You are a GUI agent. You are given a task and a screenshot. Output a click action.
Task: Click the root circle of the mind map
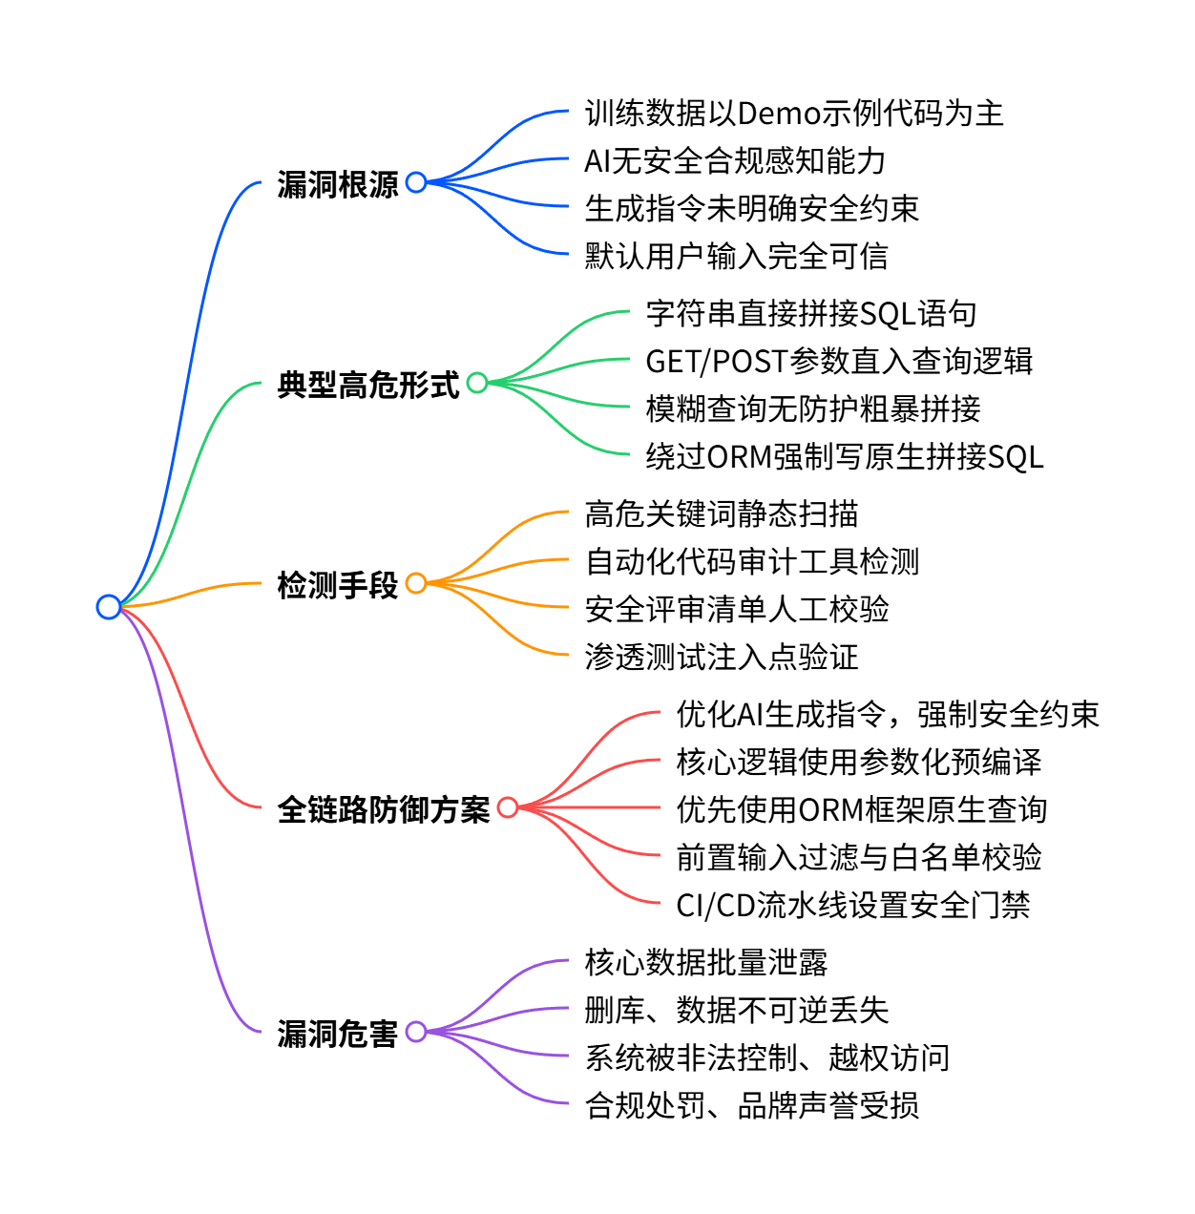pos(109,606)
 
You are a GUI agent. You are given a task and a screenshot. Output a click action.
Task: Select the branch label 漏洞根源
pos(337,183)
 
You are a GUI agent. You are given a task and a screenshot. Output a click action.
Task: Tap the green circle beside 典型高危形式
pos(477,383)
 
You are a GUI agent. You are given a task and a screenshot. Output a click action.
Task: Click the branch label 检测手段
pos(337,584)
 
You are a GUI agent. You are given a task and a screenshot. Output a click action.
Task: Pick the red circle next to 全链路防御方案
pos(508,807)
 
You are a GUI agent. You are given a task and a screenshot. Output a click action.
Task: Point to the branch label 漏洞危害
pos(337,1033)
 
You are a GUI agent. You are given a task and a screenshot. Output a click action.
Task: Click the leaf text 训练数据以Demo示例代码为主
pos(793,114)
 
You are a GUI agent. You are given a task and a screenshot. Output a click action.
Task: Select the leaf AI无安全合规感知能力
pos(735,161)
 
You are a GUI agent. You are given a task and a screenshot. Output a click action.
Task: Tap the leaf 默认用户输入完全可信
pos(736,256)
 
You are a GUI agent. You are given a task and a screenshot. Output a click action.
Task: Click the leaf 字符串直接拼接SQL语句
pos(810,313)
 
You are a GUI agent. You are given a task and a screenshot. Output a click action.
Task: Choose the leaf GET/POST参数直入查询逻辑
pos(839,361)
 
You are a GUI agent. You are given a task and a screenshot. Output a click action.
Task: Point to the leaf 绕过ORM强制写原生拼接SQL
pos(844,456)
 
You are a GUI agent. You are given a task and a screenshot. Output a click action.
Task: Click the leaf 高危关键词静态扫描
pos(721,513)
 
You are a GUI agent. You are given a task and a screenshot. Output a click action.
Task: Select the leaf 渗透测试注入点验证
pos(721,657)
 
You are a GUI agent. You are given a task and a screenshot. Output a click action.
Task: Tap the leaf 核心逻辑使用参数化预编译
pos(858,762)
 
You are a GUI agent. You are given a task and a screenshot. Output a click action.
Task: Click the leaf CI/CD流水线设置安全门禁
pos(852,905)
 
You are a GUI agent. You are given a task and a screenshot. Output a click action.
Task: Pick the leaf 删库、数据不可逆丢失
pos(736,1010)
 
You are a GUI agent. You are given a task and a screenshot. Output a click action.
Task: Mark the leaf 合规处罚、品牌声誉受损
pos(751,1105)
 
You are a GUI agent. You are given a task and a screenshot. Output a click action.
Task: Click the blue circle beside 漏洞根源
pos(416,181)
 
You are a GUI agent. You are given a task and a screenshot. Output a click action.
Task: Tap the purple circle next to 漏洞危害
pos(416,1031)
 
